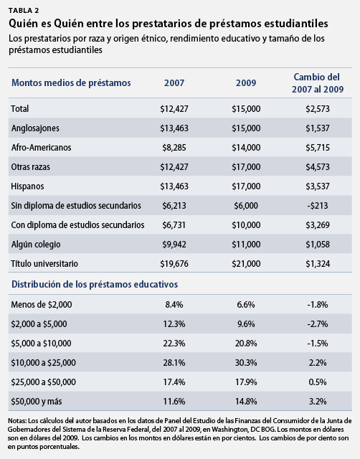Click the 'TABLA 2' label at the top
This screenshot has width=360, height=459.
point(24,11)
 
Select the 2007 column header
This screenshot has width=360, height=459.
point(174,83)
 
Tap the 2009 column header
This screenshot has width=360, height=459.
point(246,83)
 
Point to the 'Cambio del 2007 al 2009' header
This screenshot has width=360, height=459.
point(318,83)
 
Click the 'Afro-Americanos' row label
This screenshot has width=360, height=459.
point(41,147)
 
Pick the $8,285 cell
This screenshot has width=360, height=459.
point(174,147)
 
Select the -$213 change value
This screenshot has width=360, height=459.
point(318,206)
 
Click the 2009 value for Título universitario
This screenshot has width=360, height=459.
point(246,263)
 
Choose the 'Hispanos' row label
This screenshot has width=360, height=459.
point(27,186)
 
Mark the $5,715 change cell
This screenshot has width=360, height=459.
point(318,147)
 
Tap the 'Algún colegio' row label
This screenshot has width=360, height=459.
point(36,244)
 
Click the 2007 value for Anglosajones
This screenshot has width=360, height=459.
point(174,128)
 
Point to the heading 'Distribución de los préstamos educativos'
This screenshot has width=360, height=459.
point(95,284)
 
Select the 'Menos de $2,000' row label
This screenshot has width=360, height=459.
point(42,304)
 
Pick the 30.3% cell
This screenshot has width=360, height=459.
point(246,363)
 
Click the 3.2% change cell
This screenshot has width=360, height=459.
point(318,402)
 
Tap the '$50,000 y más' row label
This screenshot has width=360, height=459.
point(37,402)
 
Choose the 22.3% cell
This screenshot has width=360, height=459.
point(174,343)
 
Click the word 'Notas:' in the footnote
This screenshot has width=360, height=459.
point(17,421)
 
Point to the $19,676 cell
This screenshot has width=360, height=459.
point(174,263)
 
